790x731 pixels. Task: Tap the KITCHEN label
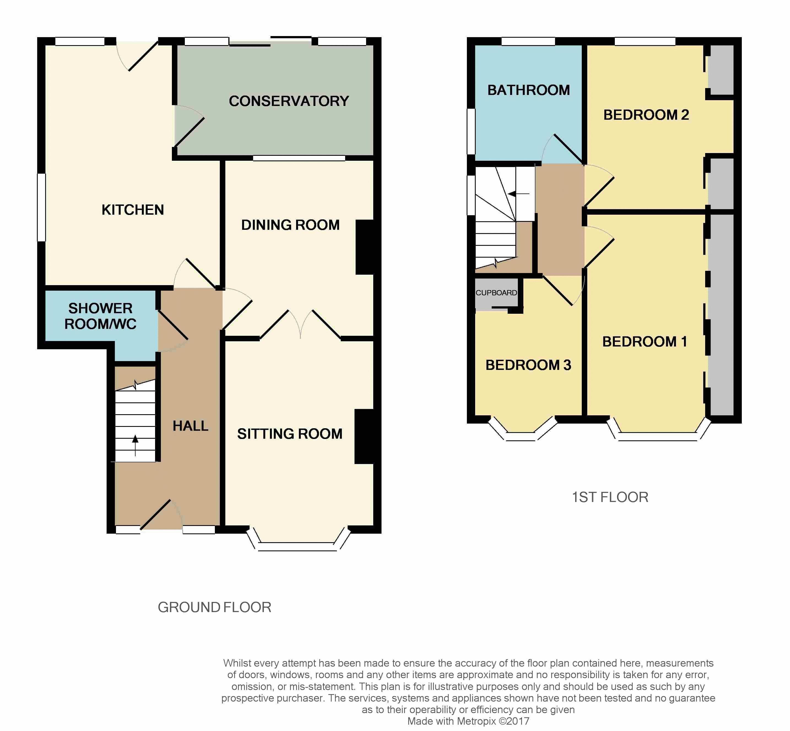click(x=132, y=210)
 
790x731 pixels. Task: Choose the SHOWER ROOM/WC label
click(x=101, y=316)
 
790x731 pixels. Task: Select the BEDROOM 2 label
click(x=646, y=115)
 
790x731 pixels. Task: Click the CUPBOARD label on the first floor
click(x=496, y=293)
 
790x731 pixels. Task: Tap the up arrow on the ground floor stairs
click(x=135, y=445)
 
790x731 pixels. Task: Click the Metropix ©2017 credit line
click(x=468, y=721)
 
